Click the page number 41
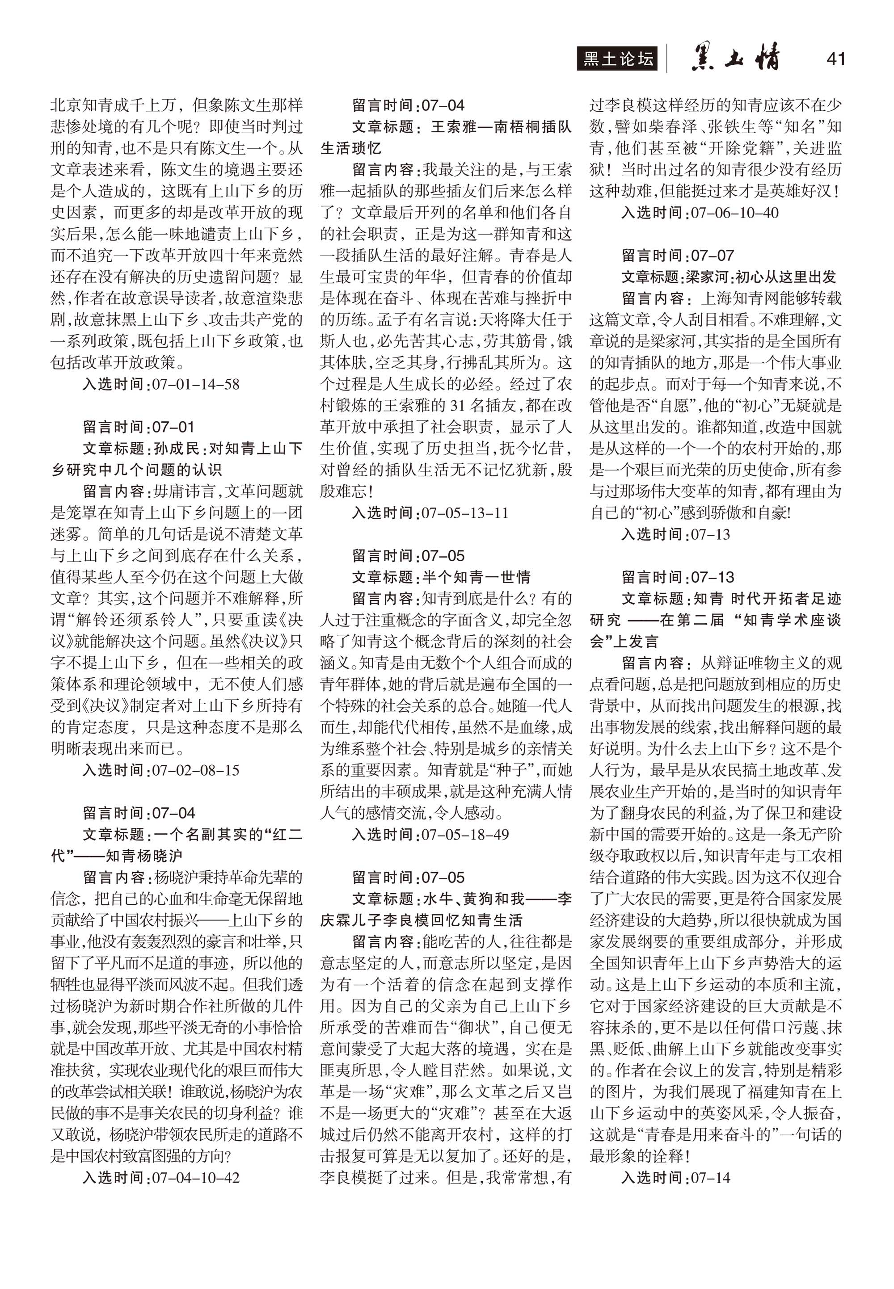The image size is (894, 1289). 835,59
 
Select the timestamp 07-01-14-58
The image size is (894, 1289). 195,384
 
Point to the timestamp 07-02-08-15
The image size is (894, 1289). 195,770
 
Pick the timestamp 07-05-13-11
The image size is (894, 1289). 465,513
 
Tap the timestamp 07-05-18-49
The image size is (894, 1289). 465,834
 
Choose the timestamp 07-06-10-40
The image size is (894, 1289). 734,213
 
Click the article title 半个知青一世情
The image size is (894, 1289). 476,577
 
